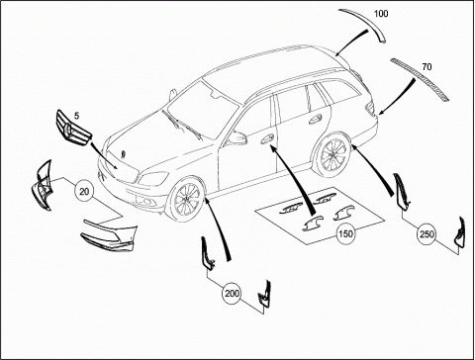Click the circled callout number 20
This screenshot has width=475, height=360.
84,191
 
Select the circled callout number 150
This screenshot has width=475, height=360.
345,233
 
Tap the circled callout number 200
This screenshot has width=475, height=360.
232,293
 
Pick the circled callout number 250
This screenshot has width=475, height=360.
427,234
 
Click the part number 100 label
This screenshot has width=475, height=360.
381,14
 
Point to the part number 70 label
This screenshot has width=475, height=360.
427,67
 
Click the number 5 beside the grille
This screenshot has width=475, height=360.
76,116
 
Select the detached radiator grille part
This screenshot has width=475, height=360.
73,128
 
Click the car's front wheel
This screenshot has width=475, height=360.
187,199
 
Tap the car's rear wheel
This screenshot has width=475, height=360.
333,154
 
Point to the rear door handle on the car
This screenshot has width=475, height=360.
315,119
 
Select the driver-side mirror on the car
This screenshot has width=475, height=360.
237,137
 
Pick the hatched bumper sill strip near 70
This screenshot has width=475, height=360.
420,79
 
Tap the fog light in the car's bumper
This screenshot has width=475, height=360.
146,202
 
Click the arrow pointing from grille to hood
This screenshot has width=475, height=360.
103,155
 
